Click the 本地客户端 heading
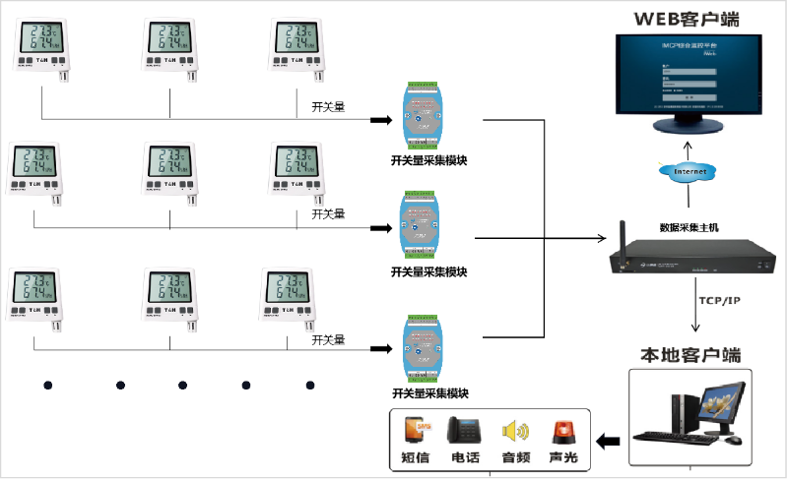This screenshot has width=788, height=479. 689,355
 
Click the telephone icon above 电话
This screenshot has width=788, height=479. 465,431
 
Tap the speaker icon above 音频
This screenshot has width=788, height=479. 516,431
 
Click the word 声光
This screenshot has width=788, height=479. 564,457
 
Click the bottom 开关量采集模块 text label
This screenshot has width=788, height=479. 428,393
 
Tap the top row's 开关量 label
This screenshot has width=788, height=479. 327,106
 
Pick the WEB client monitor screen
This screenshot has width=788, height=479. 689,72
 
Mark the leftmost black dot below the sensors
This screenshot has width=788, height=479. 45,385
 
